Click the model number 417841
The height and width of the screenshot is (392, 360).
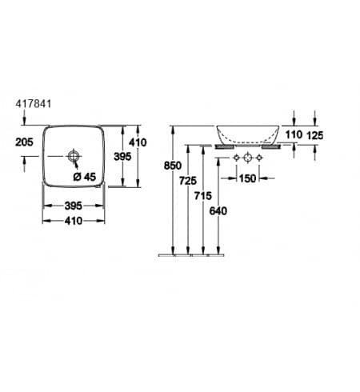tap(34, 104)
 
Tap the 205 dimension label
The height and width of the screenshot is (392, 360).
tap(24, 142)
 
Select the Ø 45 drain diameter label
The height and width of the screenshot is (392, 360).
tap(85, 177)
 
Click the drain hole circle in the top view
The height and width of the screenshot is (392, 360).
tap(73, 156)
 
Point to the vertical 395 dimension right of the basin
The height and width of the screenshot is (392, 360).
tap(122, 157)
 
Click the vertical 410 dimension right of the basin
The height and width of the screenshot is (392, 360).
tap(138, 142)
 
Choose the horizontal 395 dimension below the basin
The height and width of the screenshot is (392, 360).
tap(74, 206)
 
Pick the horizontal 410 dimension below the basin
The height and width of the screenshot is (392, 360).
tap(74, 221)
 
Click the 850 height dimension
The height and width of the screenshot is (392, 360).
tap(173, 166)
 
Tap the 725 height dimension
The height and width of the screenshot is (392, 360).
tap(188, 181)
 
